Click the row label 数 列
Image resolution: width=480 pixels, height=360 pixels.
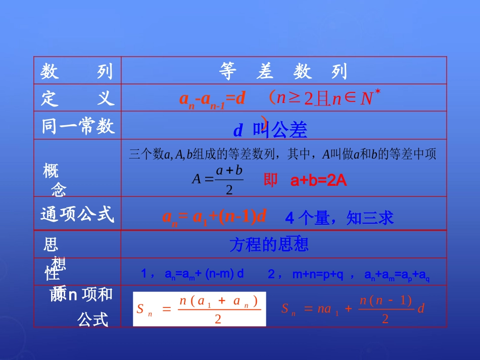point(77,72)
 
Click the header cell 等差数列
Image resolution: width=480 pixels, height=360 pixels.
point(283,72)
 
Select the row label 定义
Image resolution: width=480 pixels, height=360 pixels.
point(77,98)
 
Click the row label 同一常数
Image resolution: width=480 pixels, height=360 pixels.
point(78,126)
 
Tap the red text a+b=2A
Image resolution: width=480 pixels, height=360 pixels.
point(319,181)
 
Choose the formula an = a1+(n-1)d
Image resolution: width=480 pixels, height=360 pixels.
point(214,217)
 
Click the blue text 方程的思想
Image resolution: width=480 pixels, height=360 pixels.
point(269,245)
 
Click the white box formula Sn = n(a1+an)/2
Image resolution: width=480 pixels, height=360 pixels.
point(199,309)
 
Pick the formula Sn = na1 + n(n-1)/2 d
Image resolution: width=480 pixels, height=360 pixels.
point(353,309)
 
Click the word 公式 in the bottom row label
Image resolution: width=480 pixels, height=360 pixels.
point(93,319)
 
